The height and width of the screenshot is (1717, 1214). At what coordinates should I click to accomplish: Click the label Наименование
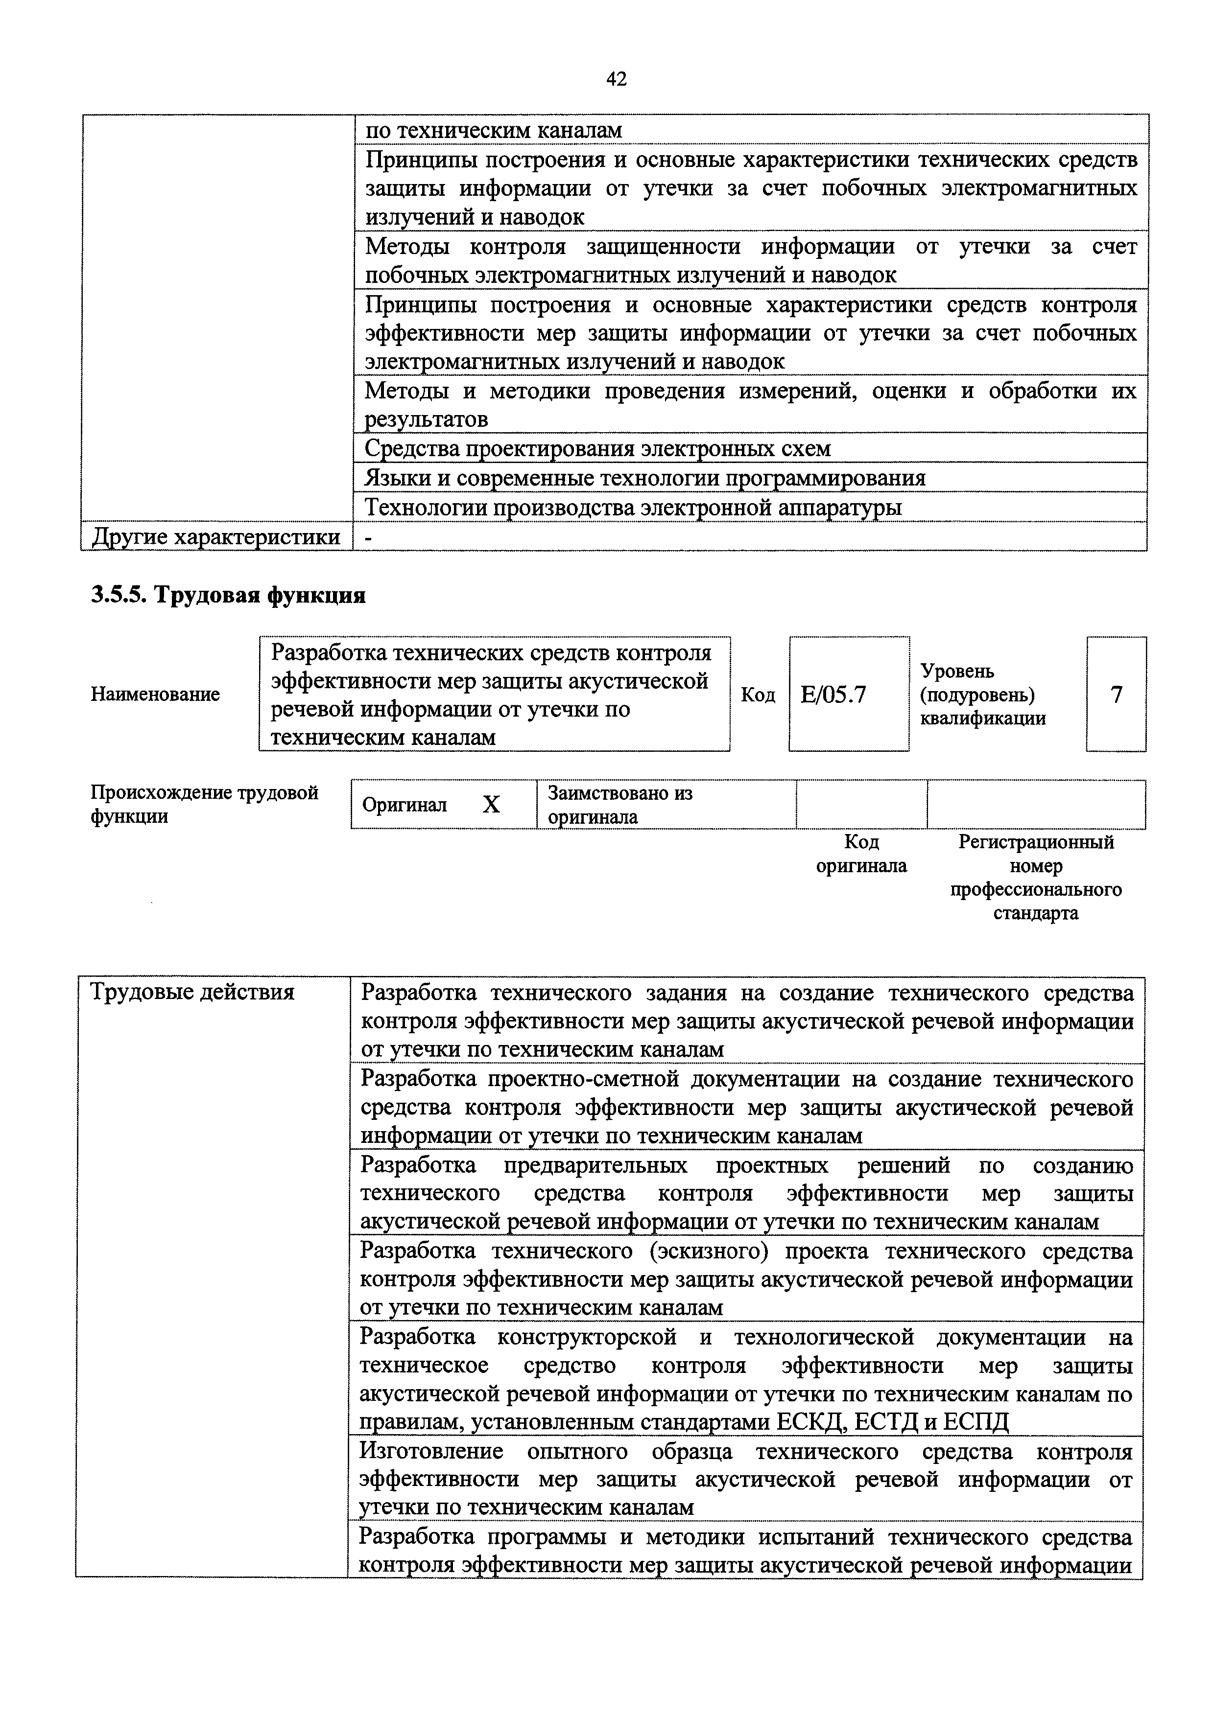tap(156, 694)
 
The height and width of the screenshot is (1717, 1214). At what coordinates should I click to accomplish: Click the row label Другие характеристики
tap(215, 537)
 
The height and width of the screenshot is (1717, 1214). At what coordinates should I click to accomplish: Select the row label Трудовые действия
tap(192, 992)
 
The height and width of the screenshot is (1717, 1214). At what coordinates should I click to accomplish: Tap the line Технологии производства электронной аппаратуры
tap(633, 507)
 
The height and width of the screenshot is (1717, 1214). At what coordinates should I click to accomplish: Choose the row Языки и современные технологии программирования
tap(645, 477)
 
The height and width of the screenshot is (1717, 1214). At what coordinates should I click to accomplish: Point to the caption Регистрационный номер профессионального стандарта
tap(1036, 877)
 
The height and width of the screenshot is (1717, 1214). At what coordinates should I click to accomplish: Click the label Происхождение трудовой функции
tap(204, 804)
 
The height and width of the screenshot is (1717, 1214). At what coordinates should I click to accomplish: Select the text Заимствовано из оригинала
tap(619, 805)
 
